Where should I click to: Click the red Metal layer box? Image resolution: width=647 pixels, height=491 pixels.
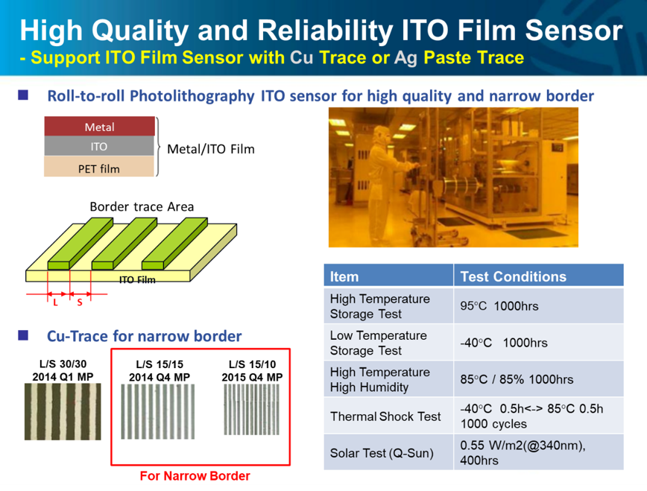(x=99, y=126)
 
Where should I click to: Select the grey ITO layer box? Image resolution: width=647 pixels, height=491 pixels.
(x=99, y=146)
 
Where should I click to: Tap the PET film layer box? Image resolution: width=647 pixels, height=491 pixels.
(x=99, y=166)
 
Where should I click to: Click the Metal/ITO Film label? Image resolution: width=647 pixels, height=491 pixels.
(x=210, y=149)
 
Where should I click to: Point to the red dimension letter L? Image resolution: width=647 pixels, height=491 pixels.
(x=55, y=302)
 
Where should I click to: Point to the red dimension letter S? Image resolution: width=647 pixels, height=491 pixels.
(x=80, y=302)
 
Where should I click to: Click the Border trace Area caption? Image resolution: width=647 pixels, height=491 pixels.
(x=142, y=206)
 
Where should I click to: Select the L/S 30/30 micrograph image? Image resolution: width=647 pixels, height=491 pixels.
(x=63, y=411)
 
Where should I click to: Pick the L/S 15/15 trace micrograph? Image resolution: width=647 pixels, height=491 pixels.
(x=157, y=411)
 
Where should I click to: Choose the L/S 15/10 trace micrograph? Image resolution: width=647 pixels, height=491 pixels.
(x=252, y=409)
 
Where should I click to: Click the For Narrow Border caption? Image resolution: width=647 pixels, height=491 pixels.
(x=195, y=476)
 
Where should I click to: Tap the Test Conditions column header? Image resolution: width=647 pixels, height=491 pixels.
(x=514, y=276)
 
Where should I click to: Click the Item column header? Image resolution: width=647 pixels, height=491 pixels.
(x=344, y=276)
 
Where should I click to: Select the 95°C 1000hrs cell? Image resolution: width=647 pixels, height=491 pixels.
(x=499, y=306)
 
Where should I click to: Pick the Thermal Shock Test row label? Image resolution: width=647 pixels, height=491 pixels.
(x=385, y=416)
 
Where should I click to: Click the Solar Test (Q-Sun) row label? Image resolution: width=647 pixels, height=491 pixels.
(x=382, y=453)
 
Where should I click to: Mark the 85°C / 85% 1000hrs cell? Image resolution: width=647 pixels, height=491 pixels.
(x=517, y=379)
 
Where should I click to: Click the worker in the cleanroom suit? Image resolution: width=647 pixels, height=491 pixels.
(x=382, y=186)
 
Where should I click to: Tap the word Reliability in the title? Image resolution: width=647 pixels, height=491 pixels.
(x=325, y=31)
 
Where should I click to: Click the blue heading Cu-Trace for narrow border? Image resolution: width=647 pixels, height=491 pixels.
(x=144, y=336)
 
